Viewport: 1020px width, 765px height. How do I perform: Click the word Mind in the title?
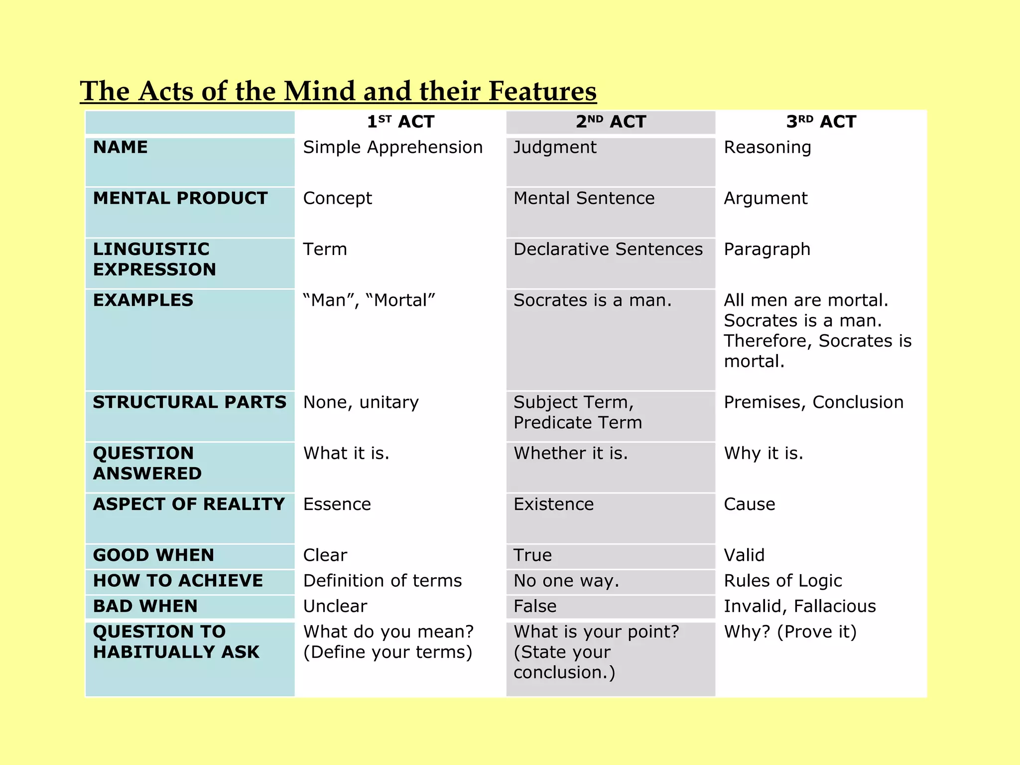pos(320,92)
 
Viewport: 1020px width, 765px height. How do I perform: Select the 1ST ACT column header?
pos(400,122)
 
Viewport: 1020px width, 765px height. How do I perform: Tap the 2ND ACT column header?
pos(611,122)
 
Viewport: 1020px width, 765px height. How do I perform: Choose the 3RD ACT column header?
pos(821,122)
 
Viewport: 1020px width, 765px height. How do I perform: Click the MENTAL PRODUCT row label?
pos(180,198)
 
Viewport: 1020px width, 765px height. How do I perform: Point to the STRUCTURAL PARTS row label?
pos(190,402)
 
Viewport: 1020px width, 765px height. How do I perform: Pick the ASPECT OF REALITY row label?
pos(189,505)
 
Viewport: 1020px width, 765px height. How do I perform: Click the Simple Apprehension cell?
pos(393,147)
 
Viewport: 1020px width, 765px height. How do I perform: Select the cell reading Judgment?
pos(555,147)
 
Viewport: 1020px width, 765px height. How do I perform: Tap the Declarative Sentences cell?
pos(608,250)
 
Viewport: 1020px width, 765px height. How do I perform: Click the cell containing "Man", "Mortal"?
pos(369,300)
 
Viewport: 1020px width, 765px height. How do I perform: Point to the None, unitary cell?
pos(361,402)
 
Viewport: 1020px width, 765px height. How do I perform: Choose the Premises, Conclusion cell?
pos(813,402)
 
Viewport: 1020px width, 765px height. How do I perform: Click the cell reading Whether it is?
pos(571,453)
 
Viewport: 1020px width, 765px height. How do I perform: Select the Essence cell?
pos(337,505)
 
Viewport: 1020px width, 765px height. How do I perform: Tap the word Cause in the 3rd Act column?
pos(750,505)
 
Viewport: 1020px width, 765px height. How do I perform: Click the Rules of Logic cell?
pos(782,581)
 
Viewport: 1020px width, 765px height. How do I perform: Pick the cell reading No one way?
pos(566,581)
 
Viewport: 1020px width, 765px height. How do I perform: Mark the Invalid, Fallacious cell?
pos(799,606)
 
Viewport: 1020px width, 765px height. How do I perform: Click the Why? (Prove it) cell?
pos(790,632)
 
